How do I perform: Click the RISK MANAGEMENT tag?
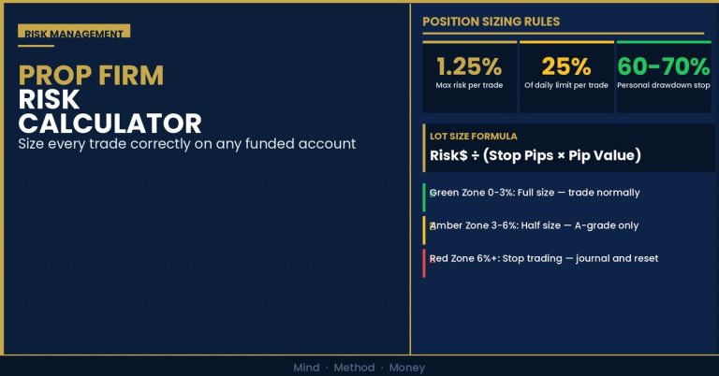click(74, 31)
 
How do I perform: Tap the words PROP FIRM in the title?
click(91, 76)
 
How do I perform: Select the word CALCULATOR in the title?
click(110, 123)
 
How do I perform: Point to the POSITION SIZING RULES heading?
click(492, 22)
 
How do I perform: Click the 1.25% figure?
click(469, 66)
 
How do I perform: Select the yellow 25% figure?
click(566, 66)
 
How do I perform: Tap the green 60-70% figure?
click(664, 66)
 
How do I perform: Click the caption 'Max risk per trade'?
click(469, 85)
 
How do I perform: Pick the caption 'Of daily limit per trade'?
click(566, 85)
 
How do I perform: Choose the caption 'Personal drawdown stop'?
click(664, 85)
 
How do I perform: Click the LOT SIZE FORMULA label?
click(473, 136)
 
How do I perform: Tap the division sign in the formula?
click(475, 155)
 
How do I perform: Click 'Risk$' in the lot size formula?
click(448, 155)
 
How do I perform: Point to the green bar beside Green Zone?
click(424, 197)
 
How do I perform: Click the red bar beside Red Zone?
click(424, 264)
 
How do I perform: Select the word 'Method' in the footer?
click(354, 368)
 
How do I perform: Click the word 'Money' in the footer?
click(407, 368)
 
